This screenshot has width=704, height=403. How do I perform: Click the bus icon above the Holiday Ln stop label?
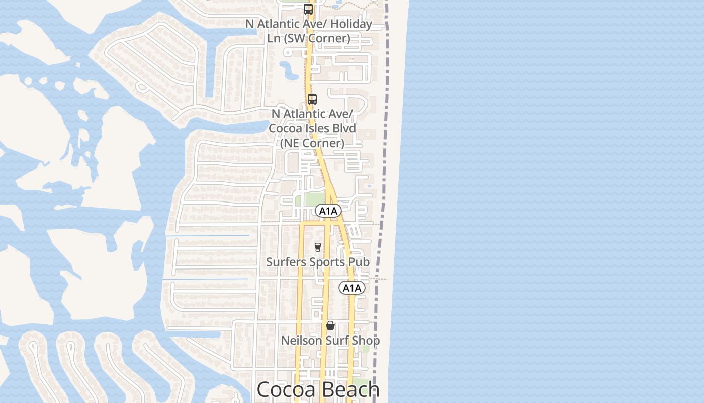pos(308,9)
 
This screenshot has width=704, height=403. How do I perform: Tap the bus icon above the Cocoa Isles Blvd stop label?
pos(312,99)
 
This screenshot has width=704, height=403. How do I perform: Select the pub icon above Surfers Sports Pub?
pos(317,247)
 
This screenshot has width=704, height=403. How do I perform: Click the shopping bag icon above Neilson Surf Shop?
pos(330,325)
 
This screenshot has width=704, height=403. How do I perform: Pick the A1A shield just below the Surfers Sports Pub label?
pos(352,288)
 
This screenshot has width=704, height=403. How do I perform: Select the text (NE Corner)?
pos(312,143)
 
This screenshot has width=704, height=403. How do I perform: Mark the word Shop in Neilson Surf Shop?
pos(366,341)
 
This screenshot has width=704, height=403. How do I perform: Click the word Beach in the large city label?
pos(350,389)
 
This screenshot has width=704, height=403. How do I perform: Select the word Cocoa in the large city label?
pos(286,389)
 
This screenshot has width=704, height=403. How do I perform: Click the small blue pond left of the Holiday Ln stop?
pos(290,71)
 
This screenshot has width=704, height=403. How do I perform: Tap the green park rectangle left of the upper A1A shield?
pos(314,199)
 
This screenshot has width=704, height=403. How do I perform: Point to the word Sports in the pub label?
pos(326,262)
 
